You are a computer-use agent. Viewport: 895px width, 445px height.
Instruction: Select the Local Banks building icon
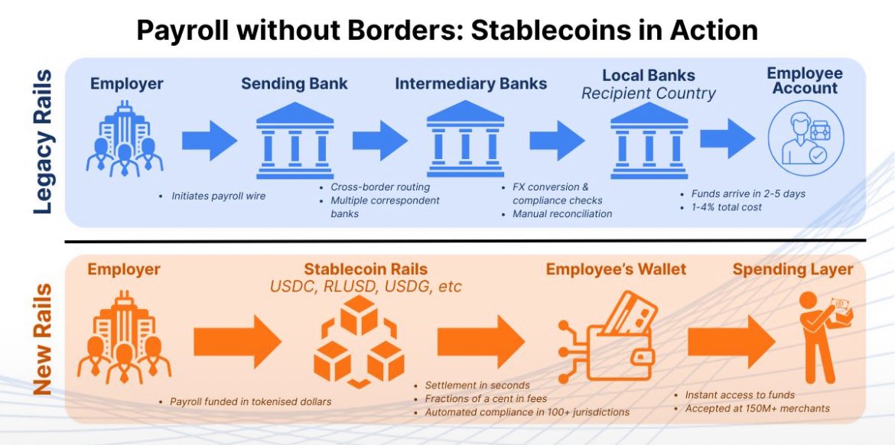(x=649, y=145)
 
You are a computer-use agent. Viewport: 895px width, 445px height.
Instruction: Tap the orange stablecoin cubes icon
(x=359, y=339)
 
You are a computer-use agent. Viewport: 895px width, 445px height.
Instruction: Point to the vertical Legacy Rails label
(x=44, y=142)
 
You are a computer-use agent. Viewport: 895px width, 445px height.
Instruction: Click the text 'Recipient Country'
(x=649, y=94)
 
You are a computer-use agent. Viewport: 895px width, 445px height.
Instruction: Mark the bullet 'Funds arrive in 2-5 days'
(x=748, y=193)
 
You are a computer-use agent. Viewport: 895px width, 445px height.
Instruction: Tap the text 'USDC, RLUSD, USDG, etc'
(x=366, y=287)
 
